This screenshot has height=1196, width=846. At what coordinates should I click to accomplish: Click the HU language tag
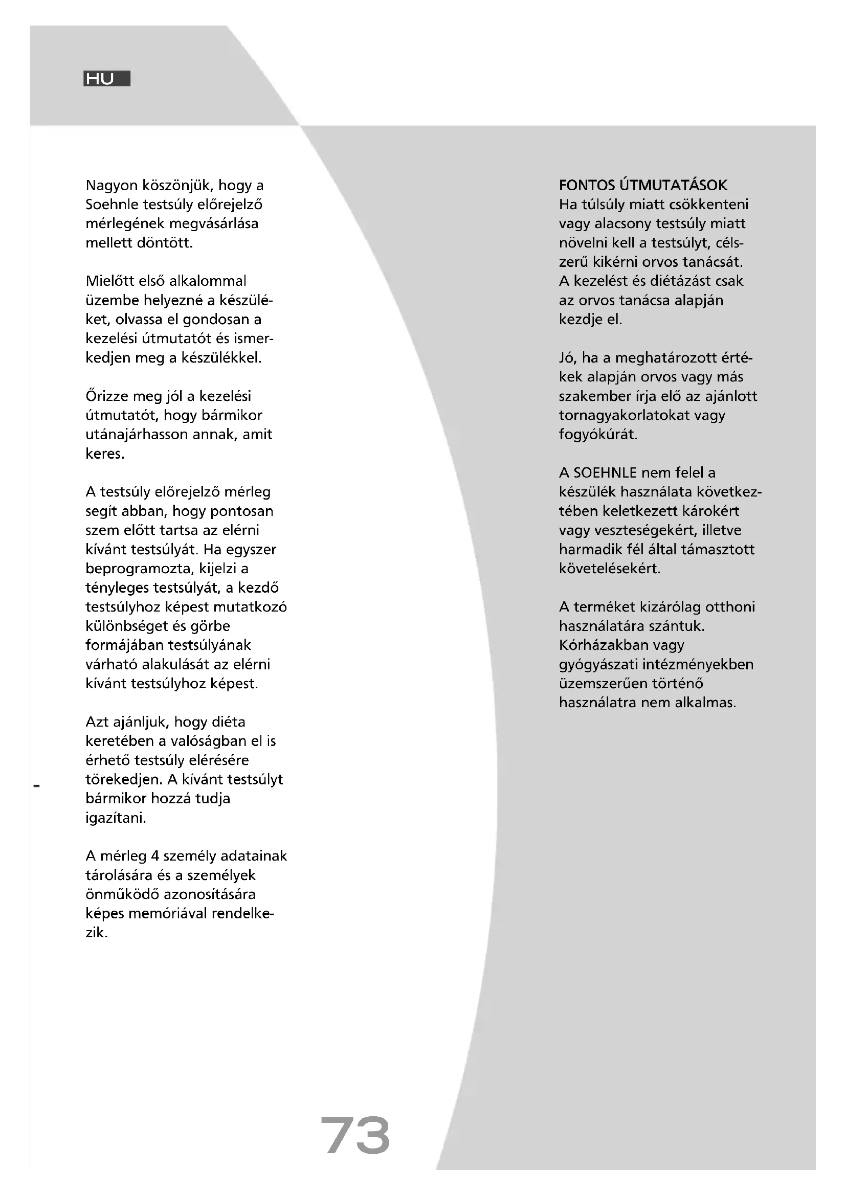(106, 79)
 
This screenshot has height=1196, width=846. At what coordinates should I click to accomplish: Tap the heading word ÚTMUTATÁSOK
(674, 186)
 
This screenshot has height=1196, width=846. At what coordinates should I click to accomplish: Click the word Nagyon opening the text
(112, 186)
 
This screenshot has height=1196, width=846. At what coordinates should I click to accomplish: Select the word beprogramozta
(138, 569)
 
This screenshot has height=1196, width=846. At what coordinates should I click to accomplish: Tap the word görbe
(210, 626)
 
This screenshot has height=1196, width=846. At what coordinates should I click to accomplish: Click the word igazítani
(116, 818)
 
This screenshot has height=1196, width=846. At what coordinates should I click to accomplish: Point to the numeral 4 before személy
(154, 856)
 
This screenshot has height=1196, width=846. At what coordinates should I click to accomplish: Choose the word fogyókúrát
(598, 435)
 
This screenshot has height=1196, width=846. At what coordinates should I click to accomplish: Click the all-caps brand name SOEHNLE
(605, 473)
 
